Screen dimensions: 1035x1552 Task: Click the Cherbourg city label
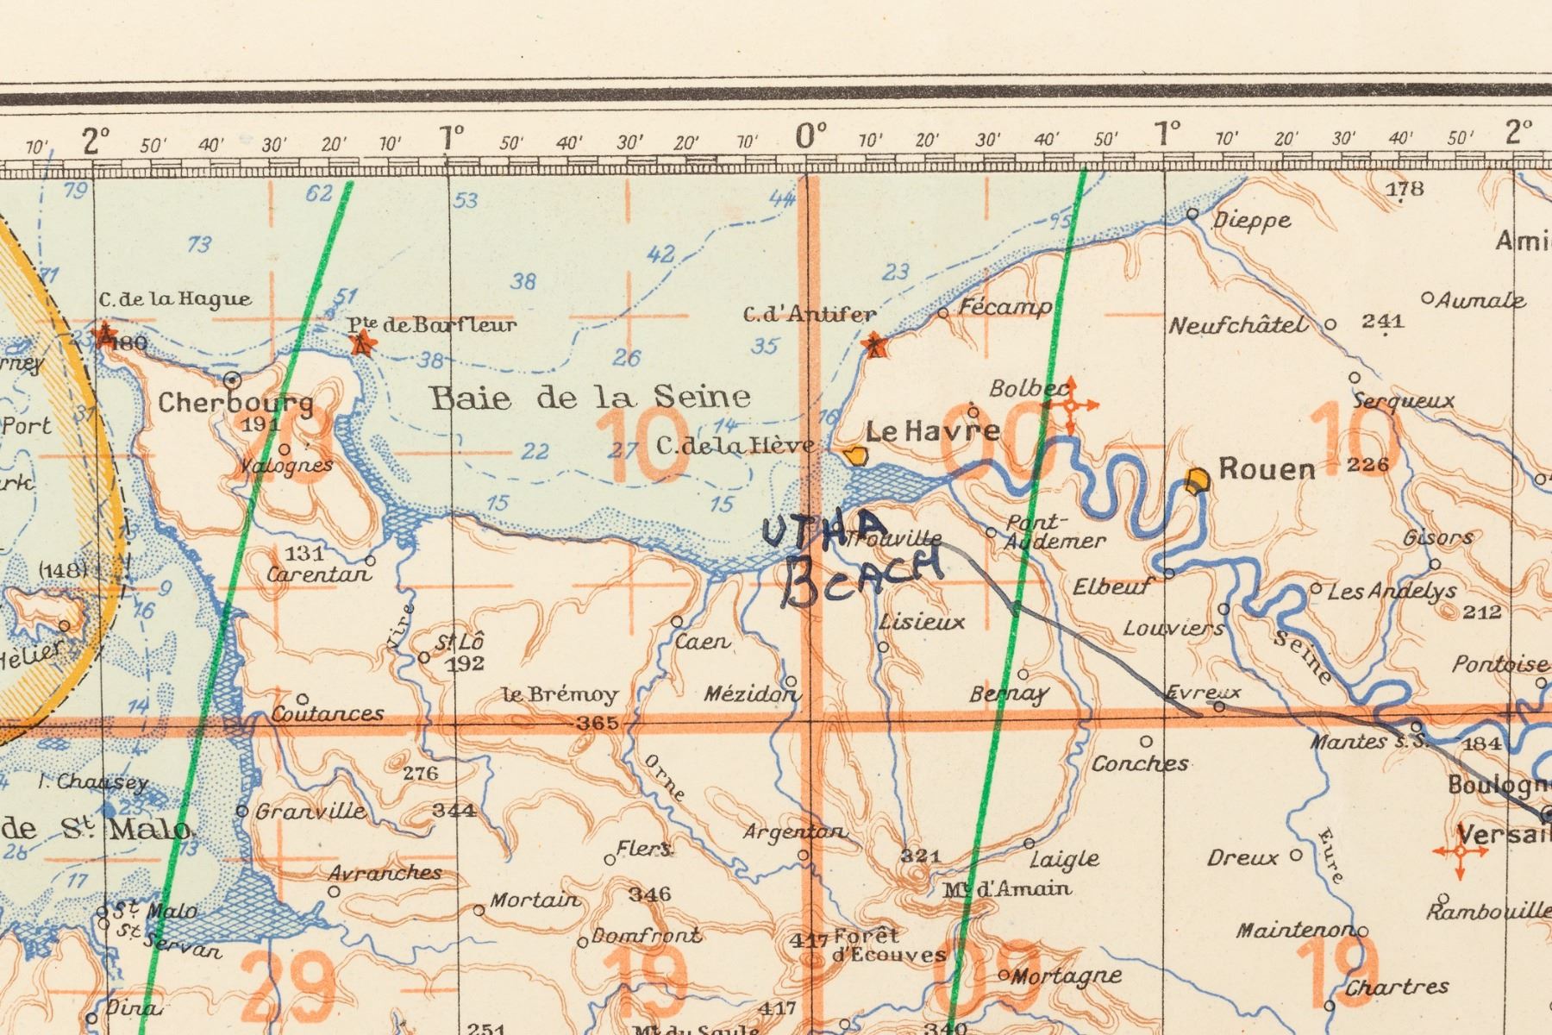tap(235, 403)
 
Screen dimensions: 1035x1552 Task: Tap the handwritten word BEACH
tap(862, 577)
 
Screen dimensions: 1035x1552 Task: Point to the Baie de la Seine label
tap(590, 398)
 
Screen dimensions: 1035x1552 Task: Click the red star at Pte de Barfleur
tap(363, 342)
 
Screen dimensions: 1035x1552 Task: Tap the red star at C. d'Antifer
tap(875, 344)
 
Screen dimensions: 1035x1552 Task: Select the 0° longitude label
tap(810, 135)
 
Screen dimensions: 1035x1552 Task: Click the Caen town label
tap(702, 642)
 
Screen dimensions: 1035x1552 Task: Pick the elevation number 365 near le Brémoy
tap(598, 724)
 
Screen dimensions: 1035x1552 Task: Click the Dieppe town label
tap(1252, 220)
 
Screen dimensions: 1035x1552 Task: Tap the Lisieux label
tap(922, 622)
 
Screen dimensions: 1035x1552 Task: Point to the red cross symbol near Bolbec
tap(1070, 405)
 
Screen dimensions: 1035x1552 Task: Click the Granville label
tap(310, 812)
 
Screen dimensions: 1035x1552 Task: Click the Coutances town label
tap(328, 713)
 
